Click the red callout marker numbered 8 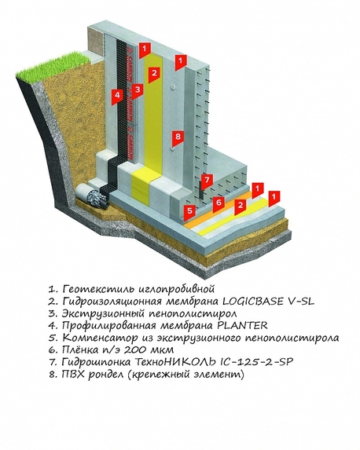pyautogui.click(x=178, y=137)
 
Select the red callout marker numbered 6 pyautogui.click(x=219, y=203)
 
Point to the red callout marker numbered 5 pyautogui.click(x=189, y=212)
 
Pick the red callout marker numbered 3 pyautogui.click(x=138, y=90)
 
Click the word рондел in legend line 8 pyautogui.click(x=106, y=375)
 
